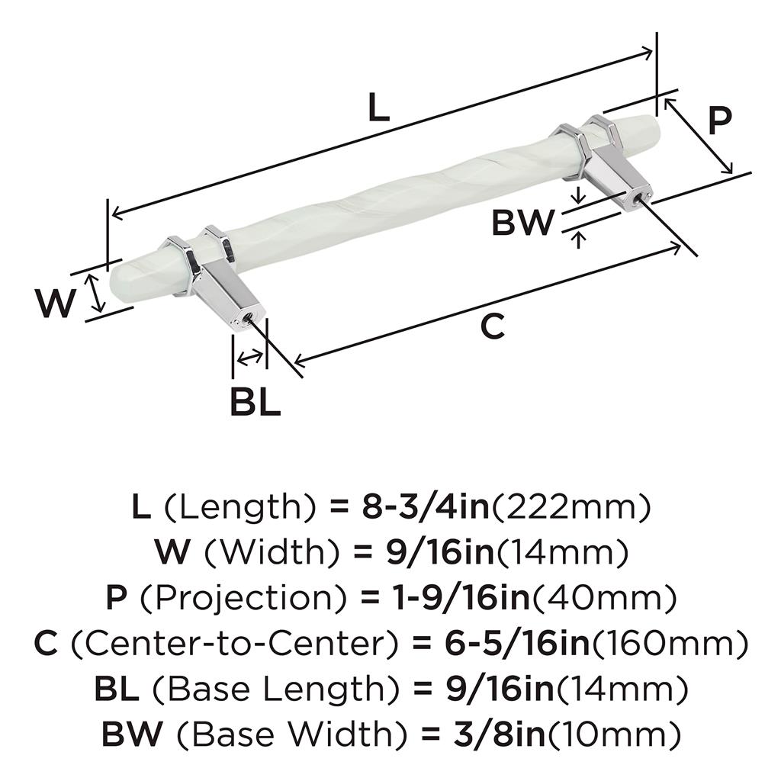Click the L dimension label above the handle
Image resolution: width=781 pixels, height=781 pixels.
click(x=378, y=108)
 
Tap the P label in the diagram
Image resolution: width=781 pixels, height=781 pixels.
click(x=720, y=120)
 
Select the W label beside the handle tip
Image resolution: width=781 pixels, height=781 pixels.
click(x=55, y=303)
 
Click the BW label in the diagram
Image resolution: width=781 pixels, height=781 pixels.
click(x=523, y=222)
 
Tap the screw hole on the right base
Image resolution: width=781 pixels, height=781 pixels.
click(x=638, y=197)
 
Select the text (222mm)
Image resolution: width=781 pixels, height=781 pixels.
click(x=571, y=507)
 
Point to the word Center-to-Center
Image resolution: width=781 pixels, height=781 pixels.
click(x=235, y=643)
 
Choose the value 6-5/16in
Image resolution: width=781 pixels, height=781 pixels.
click(x=517, y=644)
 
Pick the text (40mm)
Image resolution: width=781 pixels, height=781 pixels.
click(x=605, y=598)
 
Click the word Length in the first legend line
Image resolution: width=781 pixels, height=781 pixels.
click(x=240, y=507)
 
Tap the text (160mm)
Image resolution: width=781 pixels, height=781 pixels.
click(x=670, y=644)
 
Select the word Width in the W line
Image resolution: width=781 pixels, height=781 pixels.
click(x=272, y=553)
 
